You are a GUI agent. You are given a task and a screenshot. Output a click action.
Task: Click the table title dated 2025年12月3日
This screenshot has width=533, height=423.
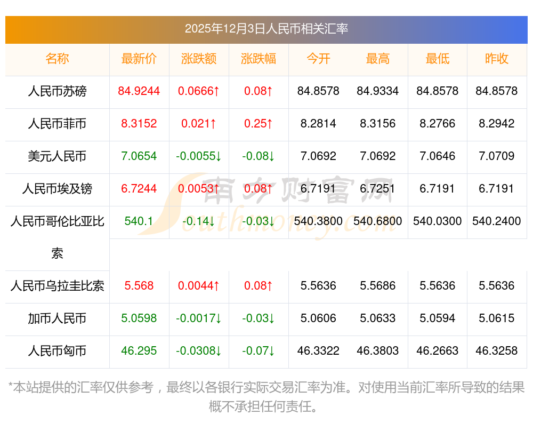266,29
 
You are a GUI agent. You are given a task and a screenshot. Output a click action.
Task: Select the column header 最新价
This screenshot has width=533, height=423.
139,59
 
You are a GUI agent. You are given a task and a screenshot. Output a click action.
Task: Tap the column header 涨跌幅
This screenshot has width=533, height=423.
259,59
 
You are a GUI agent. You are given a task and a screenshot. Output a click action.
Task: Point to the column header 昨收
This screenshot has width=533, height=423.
497,59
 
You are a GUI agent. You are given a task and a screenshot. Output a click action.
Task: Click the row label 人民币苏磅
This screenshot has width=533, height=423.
57,91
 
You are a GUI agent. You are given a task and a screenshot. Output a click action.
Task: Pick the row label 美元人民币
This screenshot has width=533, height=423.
57,156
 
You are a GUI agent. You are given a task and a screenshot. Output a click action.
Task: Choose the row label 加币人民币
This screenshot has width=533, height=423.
57,319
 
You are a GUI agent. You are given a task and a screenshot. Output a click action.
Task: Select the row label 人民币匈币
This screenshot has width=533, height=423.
57,352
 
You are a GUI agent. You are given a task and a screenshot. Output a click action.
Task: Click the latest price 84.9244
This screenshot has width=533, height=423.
139,91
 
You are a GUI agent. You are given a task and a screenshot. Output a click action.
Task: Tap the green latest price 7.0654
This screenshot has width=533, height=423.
139,156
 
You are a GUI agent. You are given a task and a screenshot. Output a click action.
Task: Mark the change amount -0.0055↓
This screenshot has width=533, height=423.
199,156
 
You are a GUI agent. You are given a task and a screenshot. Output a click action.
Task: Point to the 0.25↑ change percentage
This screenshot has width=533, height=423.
259,124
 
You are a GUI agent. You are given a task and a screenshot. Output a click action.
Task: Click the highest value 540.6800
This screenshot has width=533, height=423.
378,221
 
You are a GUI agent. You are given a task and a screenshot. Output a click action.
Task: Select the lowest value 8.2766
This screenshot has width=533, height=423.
438,124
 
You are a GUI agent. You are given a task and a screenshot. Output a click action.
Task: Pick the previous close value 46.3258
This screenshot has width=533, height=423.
497,352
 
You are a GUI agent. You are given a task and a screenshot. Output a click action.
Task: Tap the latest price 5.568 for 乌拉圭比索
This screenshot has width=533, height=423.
139,286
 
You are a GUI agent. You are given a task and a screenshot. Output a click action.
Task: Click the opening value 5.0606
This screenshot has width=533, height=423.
318,319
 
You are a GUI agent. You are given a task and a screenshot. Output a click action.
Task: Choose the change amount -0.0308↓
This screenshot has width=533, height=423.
199,352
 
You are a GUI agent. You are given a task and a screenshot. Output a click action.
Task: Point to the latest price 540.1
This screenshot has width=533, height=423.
139,221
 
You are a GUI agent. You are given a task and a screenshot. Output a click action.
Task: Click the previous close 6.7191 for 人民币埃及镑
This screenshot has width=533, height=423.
497,189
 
